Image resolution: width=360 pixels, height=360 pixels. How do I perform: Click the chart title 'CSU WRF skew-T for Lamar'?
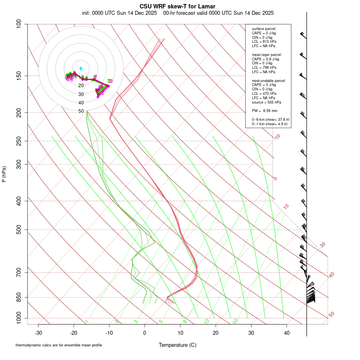click(178, 6)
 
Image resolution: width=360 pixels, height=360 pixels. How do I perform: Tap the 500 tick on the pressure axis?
click(19, 230)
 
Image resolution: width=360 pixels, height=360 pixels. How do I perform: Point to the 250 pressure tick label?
click(19, 141)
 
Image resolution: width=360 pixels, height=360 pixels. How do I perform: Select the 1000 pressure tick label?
click(18, 318)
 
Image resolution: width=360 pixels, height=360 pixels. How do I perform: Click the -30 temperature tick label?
click(38, 333)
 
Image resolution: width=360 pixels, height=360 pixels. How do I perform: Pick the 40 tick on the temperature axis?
click(286, 333)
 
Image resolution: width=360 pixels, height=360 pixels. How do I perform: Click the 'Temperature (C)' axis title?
click(178, 345)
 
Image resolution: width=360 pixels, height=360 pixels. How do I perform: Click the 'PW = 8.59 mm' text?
click(264, 110)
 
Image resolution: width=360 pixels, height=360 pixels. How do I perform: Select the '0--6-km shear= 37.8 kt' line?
click(270, 120)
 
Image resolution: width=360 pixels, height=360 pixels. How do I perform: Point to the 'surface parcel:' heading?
click(264, 29)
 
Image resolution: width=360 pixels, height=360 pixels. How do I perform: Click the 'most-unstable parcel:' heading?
click(269, 81)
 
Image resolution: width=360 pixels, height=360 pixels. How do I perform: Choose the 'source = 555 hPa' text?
click(266, 102)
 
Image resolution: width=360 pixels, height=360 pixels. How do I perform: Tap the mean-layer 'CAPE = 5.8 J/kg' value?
click(265, 59)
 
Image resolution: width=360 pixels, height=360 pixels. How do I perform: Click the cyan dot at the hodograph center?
click(81, 69)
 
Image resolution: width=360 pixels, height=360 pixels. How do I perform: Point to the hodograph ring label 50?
click(81, 111)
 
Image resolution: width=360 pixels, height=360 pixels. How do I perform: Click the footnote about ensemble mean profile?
click(59, 345)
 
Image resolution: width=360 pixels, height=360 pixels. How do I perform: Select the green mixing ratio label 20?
click(236, 321)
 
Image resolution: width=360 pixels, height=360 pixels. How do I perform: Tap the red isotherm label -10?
click(276, 137)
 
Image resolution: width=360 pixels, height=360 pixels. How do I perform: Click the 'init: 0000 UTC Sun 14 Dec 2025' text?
click(119, 13)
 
